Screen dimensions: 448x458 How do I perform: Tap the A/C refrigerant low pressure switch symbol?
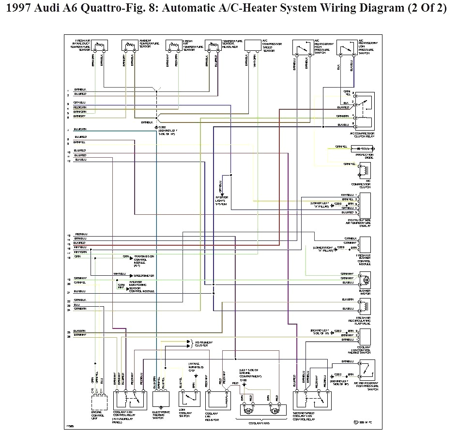pos(347,47)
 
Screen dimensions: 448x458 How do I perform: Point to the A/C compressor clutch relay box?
pos(365,111)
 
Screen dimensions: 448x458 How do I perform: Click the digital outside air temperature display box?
pos(365,205)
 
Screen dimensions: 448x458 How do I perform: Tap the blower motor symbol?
pos(365,280)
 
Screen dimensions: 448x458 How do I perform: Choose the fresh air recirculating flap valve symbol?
pos(365,305)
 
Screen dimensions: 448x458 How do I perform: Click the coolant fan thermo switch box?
pos(365,337)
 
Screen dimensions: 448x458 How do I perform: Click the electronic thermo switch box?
pos(161,399)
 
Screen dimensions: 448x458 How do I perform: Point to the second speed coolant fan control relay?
pos(311,399)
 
